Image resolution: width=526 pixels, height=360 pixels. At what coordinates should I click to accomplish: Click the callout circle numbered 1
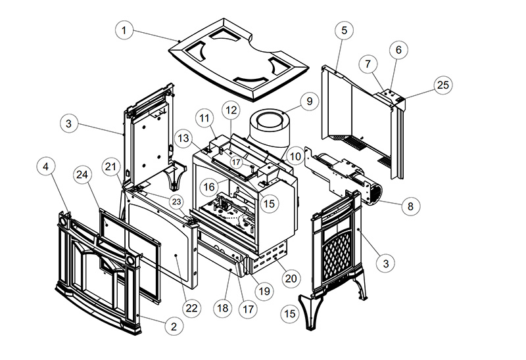(x=124, y=30)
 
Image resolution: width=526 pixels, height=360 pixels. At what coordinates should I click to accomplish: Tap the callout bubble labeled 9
(x=308, y=102)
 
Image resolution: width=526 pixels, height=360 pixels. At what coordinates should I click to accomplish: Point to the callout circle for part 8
(x=410, y=206)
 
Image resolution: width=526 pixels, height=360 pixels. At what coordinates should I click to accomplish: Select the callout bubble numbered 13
(x=184, y=137)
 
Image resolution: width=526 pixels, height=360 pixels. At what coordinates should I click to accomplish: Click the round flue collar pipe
(x=271, y=128)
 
